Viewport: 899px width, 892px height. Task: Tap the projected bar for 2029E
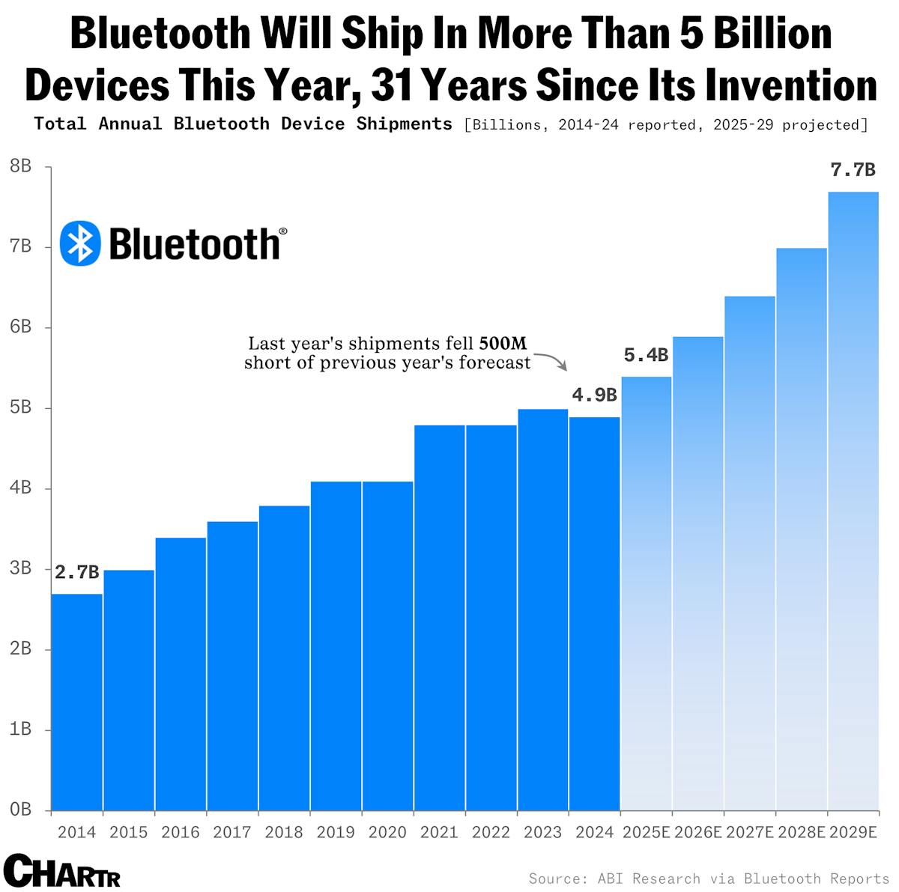[x=853, y=501]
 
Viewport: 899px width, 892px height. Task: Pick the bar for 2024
[x=594, y=613]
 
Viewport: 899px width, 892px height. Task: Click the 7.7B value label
[x=853, y=171]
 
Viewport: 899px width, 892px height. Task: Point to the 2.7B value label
[x=77, y=573]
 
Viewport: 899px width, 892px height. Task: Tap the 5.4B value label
[x=646, y=356]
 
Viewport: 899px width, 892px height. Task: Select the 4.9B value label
[x=594, y=395]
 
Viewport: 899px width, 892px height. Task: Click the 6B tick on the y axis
[x=21, y=327]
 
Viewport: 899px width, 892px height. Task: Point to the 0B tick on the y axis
[x=21, y=810]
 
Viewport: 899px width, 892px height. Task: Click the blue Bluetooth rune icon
[x=80, y=243]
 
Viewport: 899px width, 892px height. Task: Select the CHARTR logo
[x=61, y=871]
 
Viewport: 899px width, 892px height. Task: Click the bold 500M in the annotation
[x=503, y=344]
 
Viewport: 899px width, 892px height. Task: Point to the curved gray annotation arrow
[x=552, y=361]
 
